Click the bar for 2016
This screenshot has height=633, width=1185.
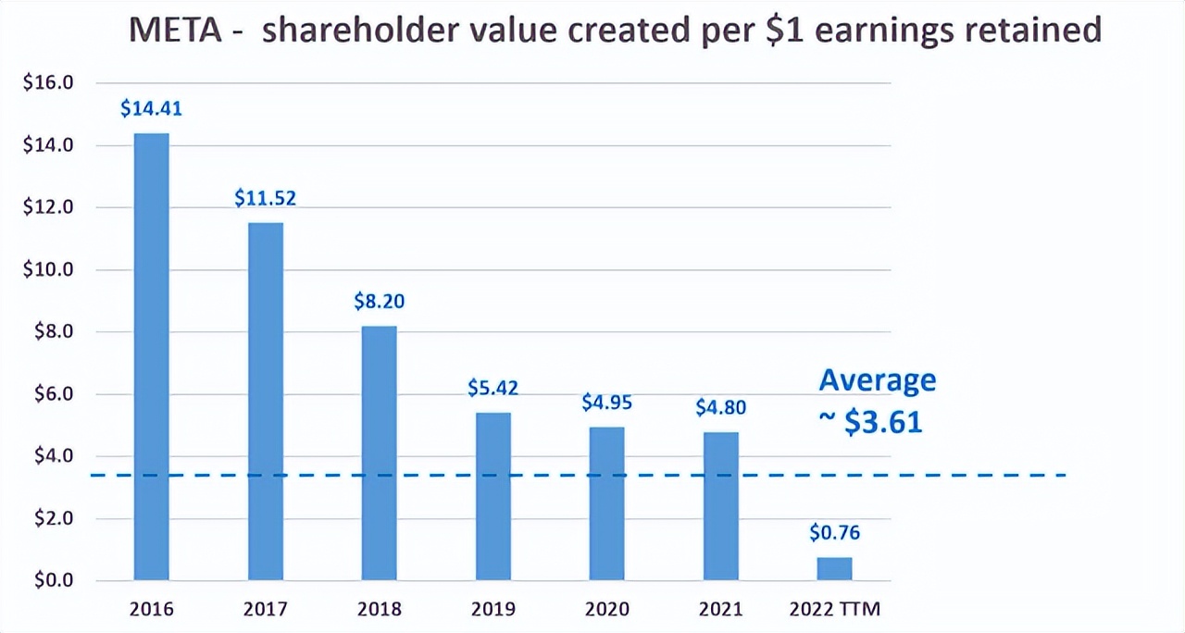(152, 356)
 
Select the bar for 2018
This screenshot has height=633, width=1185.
(379, 453)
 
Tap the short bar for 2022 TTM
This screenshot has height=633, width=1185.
(834, 569)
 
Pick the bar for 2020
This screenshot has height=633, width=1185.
(606, 503)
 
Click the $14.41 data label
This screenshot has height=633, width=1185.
(152, 108)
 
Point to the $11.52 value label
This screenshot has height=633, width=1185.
(265, 197)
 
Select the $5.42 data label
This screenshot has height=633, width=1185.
(493, 388)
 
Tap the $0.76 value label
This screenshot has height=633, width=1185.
(834, 533)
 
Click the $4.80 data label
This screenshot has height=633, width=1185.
(720, 407)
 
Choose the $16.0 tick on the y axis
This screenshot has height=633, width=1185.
(47, 83)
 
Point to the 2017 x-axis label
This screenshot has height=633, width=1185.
(265, 609)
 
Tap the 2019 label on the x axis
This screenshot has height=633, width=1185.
(493, 609)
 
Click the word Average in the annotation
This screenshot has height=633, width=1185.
(878, 380)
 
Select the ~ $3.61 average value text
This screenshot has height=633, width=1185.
(870, 422)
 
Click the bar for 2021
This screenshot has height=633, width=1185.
(720, 506)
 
